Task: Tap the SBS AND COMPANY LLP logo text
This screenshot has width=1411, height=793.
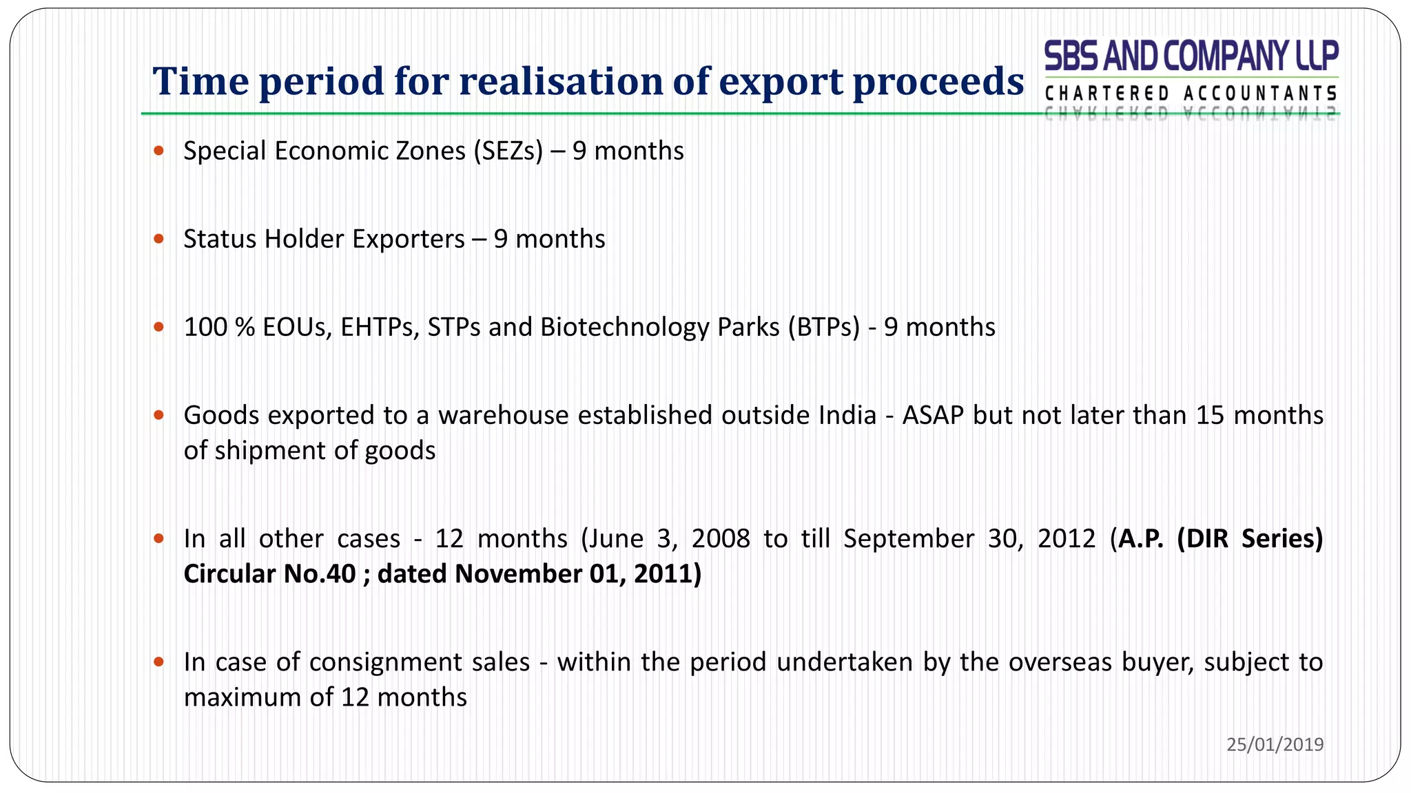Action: click(1191, 56)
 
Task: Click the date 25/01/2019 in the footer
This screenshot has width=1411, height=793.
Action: click(1275, 744)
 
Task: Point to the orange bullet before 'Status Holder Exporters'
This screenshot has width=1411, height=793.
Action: click(159, 239)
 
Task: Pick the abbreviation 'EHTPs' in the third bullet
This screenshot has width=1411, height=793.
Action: click(380, 327)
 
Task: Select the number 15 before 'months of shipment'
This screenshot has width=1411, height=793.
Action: click(1210, 415)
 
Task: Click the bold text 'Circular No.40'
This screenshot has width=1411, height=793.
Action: click(269, 573)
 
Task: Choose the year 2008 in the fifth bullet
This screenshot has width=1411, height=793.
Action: click(721, 538)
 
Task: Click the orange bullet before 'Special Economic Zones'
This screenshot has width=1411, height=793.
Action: click(159, 151)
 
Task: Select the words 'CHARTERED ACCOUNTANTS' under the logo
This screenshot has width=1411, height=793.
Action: click(1191, 94)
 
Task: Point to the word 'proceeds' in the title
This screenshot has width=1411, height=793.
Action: click(938, 81)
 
